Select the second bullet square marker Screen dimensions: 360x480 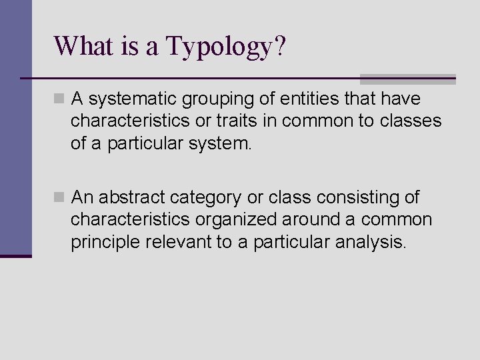point(59,198)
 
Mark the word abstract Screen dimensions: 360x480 point(135,197)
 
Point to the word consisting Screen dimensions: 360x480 point(352,197)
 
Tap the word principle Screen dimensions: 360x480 point(102,241)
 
